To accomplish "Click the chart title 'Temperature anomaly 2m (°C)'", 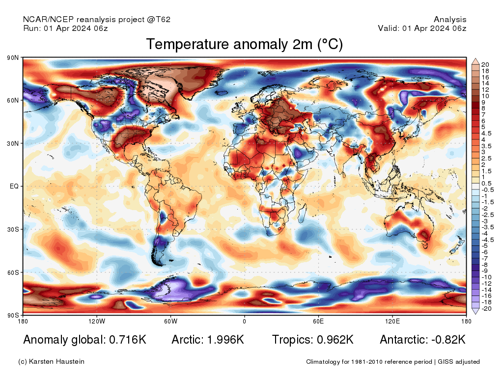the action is (x=245, y=44).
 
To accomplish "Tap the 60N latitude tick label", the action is (x=13, y=100).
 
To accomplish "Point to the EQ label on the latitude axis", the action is (x=14, y=186).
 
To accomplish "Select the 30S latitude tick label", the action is (x=13, y=230).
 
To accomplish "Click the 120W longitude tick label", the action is (x=97, y=321).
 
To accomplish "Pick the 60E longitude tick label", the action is (x=318, y=321).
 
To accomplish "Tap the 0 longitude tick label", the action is (x=245, y=321).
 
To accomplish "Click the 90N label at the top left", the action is (x=13, y=58).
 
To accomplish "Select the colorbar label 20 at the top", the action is (x=485, y=65).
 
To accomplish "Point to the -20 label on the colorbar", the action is (x=486, y=309).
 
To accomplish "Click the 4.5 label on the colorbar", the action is (x=486, y=134).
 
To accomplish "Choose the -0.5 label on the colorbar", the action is (x=488, y=190).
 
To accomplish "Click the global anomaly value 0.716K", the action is (x=128, y=340).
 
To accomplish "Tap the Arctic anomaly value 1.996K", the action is (x=225, y=340).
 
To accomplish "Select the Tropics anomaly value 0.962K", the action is (x=335, y=340).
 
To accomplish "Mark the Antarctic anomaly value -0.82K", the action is (x=448, y=340).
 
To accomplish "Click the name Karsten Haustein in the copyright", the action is (x=56, y=362).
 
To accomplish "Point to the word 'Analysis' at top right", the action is (x=450, y=20).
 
